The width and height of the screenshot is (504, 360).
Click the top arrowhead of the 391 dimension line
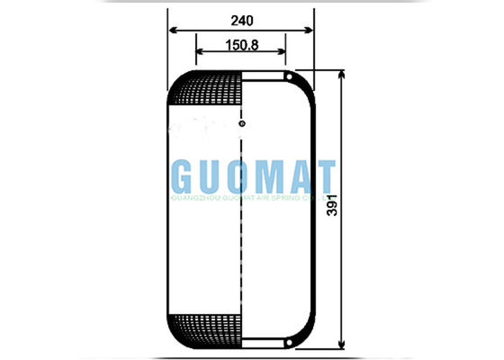click(340, 76)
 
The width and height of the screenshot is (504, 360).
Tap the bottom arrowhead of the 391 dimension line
click(340, 346)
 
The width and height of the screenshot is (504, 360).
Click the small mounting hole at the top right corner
click(289, 78)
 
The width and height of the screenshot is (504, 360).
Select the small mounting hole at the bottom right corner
click(289, 343)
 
